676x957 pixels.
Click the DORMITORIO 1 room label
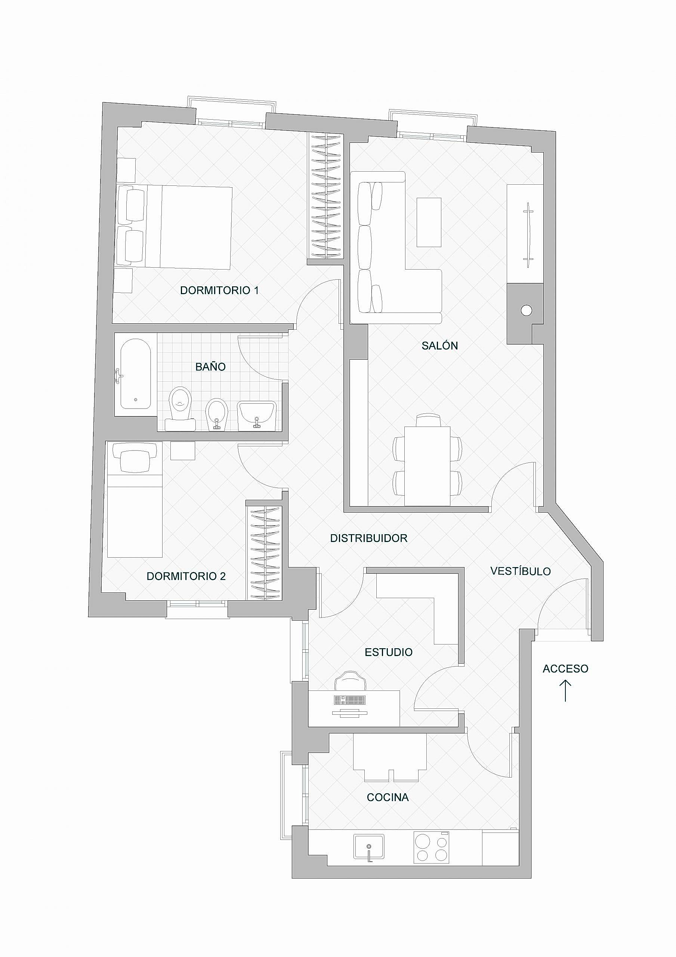pyautogui.click(x=219, y=290)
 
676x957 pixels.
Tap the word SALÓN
pyautogui.click(x=440, y=345)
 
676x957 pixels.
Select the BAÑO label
pyautogui.click(x=210, y=366)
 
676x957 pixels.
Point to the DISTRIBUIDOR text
pyautogui.click(x=368, y=538)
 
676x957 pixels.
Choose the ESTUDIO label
pyautogui.click(x=388, y=652)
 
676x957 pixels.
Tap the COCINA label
pyautogui.click(x=388, y=797)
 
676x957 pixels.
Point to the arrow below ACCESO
pyautogui.click(x=565, y=691)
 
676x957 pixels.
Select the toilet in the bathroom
pyautogui.click(x=180, y=409)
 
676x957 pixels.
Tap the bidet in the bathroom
pyautogui.click(x=217, y=414)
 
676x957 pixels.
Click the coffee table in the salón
pyautogui.click(x=429, y=222)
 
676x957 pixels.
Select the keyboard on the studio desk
pyautogui.click(x=350, y=700)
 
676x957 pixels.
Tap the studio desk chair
pyautogui.click(x=351, y=680)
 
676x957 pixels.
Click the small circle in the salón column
pyautogui.click(x=527, y=310)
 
